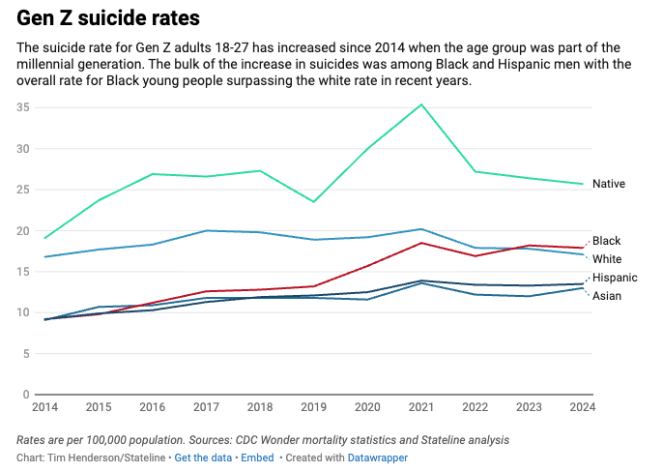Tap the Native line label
(x=609, y=184)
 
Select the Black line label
(x=606, y=241)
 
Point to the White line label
(x=607, y=259)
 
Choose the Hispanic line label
(x=614, y=278)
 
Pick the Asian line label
(x=607, y=296)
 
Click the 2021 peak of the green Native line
(x=420, y=104)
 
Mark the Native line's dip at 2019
(x=312, y=201)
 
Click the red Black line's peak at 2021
(x=420, y=243)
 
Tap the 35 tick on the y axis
(x=22, y=107)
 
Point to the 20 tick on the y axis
(x=22, y=230)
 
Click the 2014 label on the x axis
(x=45, y=407)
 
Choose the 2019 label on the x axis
(x=312, y=407)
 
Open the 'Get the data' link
(x=202, y=457)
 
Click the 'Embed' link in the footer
(x=257, y=457)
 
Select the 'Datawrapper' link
(x=376, y=457)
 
